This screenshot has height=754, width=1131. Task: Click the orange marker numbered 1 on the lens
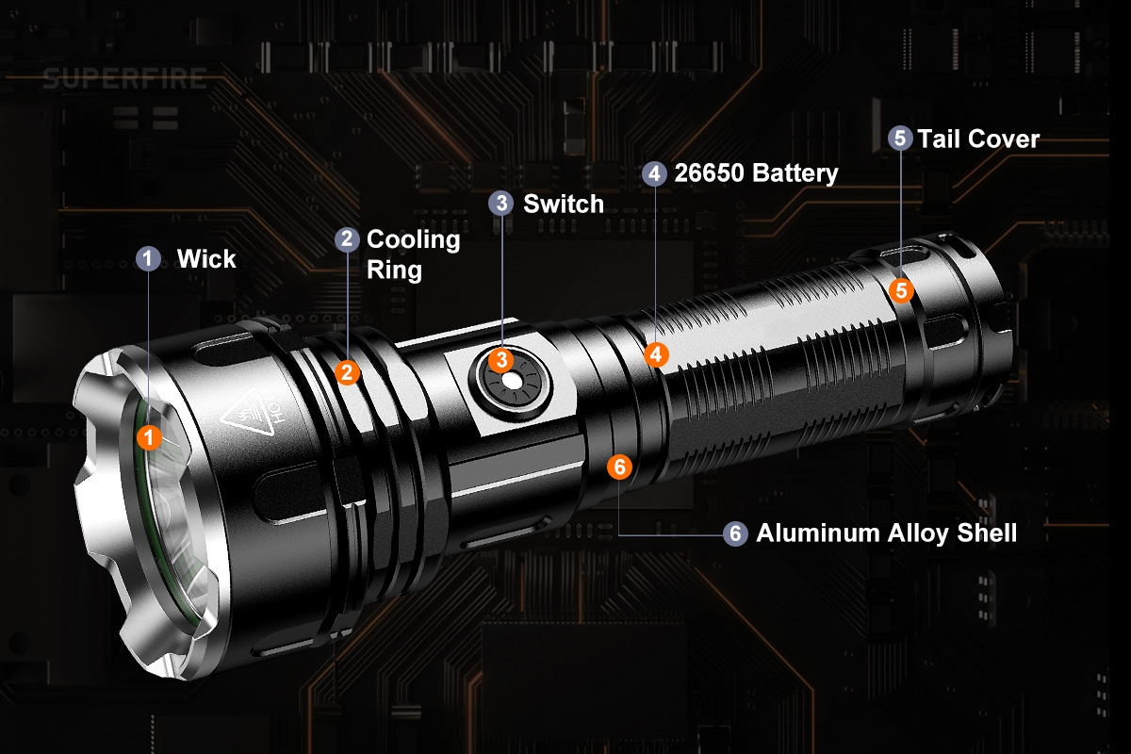pyautogui.click(x=149, y=437)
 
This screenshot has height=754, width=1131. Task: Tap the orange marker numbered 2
pyautogui.click(x=348, y=372)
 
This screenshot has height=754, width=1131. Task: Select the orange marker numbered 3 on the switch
pyautogui.click(x=501, y=360)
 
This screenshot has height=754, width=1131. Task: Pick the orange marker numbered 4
pyautogui.click(x=656, y=354)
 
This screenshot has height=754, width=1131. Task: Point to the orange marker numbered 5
pyautogui.click(x=901, y=290)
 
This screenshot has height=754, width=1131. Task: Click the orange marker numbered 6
pyautogui.click(x=619, y=467)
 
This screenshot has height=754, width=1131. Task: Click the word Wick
pyautogui.click(x=206, y=259)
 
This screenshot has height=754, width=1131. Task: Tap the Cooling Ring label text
pyautogui.click(x=413, y=254)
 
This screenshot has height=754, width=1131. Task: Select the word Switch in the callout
pyautogui.click(x=564, y=204)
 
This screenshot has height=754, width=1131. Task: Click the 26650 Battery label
pyautogui.click(x=756, y=173)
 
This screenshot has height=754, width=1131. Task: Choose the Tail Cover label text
pyautogui.click(x=978, y=139)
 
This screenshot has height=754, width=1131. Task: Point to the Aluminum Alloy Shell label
pyautogui.click(x=887, y=533)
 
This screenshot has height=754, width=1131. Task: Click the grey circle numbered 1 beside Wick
pyautogui.click(x=148, y=258)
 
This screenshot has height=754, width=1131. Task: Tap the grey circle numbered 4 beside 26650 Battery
pyautogui.click(x=654, y=173)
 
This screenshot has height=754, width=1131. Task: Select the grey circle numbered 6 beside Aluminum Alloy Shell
pyautogui.click(x=735, y=533)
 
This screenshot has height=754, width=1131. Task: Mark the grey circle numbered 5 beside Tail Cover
pyautogui.click(x=900, y=138)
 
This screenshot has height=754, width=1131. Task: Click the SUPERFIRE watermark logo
pyautogui.click(x=125, y=79)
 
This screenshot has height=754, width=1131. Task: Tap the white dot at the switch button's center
pyautogui.click(x=512, y=382)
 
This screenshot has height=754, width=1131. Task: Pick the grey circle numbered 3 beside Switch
pyautogui.click(x=500, y=203)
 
